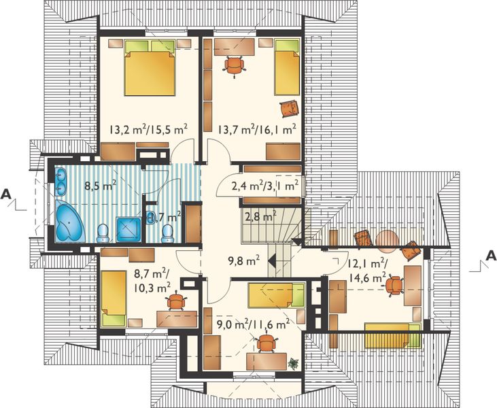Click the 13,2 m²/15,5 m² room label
coord(148,128)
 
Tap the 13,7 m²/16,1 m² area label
coord(256,128)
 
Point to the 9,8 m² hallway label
coord(243,260)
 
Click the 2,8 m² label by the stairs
coord(260,218)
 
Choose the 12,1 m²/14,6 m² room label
coord(366,271)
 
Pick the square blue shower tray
coord(128,230)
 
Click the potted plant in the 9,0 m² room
coord(293,362)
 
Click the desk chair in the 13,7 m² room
coord(234,65)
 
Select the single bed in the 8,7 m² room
coord(112,299)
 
